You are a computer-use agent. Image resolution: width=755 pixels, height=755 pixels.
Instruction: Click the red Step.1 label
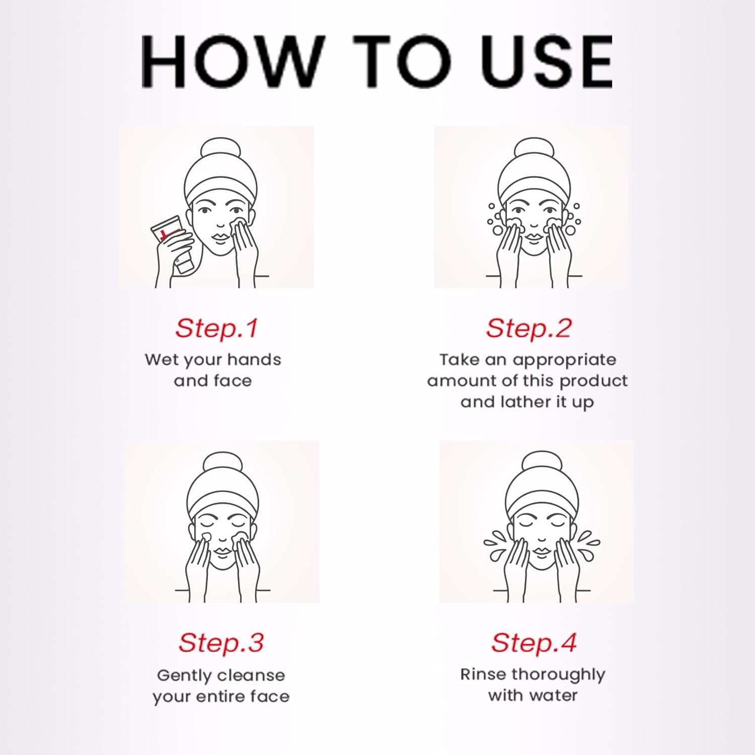click(216, 328)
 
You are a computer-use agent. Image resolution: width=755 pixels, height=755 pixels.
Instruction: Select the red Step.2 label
click(528, 328)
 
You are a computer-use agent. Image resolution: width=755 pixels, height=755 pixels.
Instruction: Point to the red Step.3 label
click(221, 643)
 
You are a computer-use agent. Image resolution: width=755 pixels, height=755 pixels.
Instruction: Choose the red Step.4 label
click(534, 643)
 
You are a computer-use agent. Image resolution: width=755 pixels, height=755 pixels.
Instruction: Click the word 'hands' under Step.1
click(254, 359)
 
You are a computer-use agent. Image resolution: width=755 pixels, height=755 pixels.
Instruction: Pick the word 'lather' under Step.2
click(534, 402)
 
